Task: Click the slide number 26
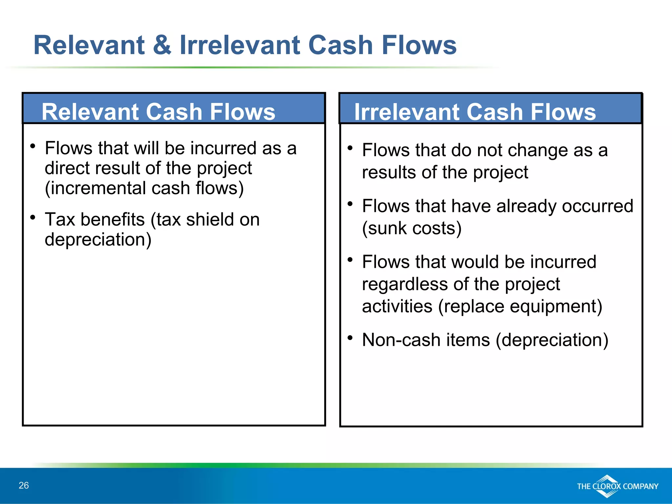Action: [x=24, y=485]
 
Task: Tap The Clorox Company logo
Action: [x=617, y=486]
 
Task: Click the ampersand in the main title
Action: [x=162, y=45]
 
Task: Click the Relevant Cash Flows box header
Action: [x=158, y=112]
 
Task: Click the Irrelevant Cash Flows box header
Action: [x=475, y=112]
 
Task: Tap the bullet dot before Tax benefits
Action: [x=32, y=217]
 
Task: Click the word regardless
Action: [x=405, y=284]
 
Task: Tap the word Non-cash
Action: [x=401, y=340]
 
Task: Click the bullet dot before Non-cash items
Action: [x=350, y=337]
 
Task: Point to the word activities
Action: [x=397, y=306]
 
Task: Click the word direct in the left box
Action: [x=67, y=168]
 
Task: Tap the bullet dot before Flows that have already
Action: [x=350, y=204]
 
